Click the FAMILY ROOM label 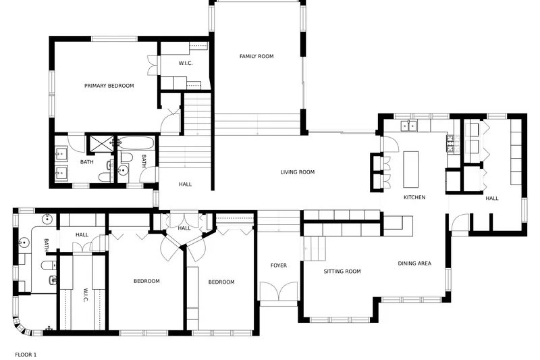256,56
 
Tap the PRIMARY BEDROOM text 109,86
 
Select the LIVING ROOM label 298,172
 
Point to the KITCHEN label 414,197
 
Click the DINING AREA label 414,263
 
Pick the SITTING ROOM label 342,272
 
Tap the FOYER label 279,265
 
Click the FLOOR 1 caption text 26,355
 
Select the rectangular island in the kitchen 411,169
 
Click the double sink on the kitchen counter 408,126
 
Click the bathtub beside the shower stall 136,143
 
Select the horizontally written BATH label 87,162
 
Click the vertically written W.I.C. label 86,295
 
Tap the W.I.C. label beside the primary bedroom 186,63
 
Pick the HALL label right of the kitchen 492,199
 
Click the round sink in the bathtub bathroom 123,170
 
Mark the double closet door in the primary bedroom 153,66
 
